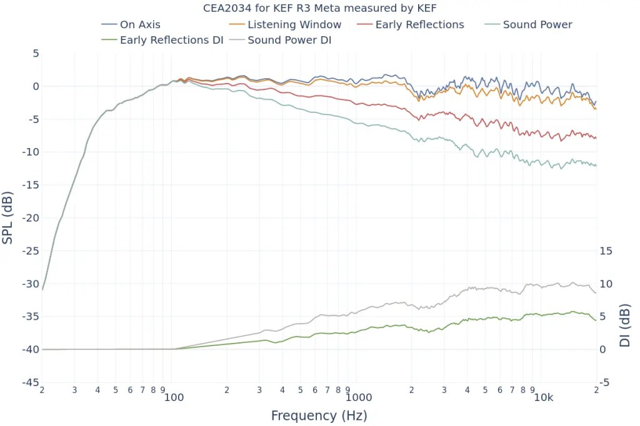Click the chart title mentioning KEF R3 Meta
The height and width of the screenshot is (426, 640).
pos(319,8)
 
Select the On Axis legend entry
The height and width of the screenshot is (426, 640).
pos(140,25)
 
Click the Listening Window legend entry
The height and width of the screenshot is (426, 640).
pos(294,25)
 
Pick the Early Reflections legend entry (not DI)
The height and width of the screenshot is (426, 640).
pos(419,25)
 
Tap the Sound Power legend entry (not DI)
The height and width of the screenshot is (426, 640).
pos(537,25)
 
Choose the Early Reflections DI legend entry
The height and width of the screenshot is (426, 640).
pos(171,41)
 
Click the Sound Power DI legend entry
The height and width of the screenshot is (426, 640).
pos(289,41)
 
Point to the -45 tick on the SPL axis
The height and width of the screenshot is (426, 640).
pos(30,383)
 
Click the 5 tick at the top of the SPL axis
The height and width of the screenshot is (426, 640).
pos(36,54)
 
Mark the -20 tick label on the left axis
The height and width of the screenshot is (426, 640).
pos(30,218)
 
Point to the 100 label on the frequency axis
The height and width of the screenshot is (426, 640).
pos(174,397)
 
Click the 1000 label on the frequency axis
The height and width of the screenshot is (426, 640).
pos(358,397)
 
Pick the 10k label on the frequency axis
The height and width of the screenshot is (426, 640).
pos(543,397)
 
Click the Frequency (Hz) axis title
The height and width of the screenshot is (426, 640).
pos(319,415)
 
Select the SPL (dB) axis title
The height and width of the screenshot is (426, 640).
pos(9,218)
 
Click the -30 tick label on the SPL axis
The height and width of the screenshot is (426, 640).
pos(30,284)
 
